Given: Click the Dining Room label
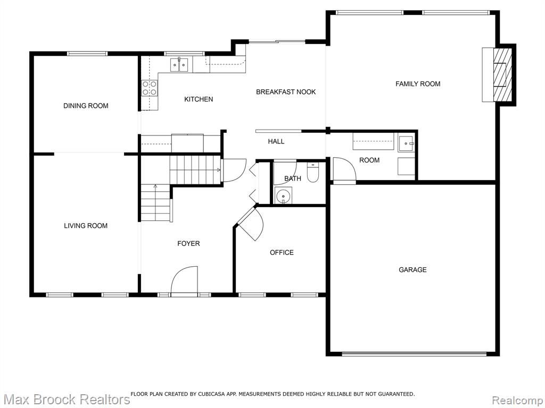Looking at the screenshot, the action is coord(86,106).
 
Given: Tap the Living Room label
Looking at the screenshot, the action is coord(86,226).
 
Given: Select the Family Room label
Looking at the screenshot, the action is coord(418,84).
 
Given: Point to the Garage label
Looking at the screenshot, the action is coord(412,269).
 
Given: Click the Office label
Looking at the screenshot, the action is coord(282,252).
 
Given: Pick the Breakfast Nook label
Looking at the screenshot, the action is coord(286,92).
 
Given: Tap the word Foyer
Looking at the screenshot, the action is coord(188,243).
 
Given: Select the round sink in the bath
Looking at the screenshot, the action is coord(283,195).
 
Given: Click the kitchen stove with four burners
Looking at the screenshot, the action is coord(150,88).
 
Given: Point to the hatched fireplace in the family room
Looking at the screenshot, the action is coord(502,74).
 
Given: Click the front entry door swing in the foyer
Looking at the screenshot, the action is coord(185,279).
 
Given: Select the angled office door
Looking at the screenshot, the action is coord(251,224).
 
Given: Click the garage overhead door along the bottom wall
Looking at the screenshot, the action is coord(414,354).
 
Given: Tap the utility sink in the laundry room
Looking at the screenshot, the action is coord(406,143).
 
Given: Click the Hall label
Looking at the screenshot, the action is coord(276,141).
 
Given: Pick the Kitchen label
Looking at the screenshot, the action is coord(199,99).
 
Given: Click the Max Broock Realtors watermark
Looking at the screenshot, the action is coord(66,399).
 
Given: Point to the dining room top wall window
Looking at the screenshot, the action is coord(87,54).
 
